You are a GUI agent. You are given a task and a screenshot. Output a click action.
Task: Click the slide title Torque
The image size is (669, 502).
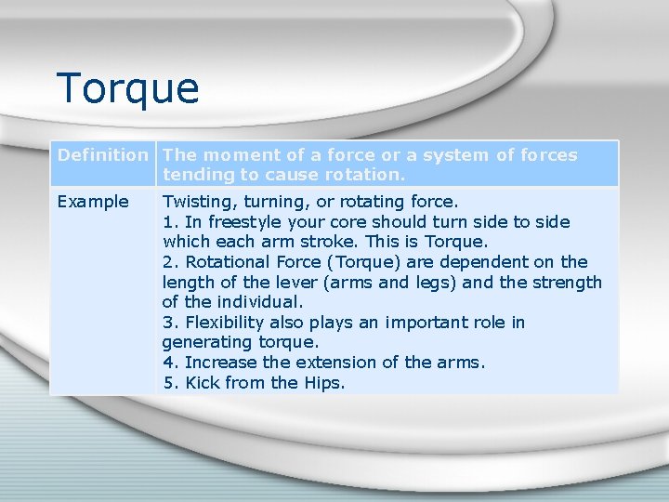(127, 89)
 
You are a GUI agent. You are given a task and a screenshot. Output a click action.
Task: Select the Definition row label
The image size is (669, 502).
(102, 155)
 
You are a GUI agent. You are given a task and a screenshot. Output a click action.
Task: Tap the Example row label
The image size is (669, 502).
(93, 202)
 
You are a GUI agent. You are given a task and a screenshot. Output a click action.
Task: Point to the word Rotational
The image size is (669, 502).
(228, 262)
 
